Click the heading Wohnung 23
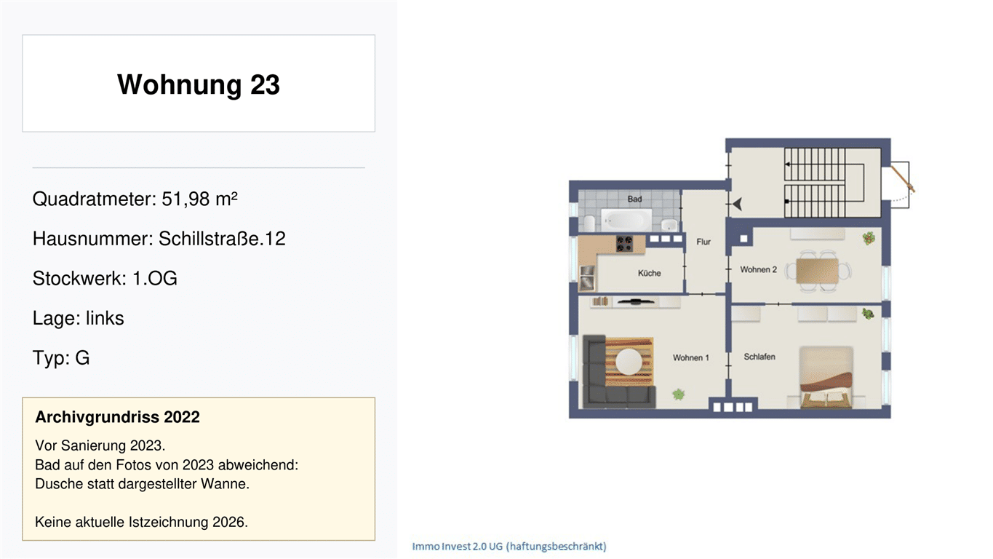pos(199,84)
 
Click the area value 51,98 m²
pos(199,199)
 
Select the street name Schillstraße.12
pos(222,239)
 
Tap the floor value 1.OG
pos(155,278)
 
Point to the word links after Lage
pos(105,318)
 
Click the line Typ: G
pos(61,357)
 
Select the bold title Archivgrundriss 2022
pos(117,417)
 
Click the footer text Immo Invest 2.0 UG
pos(458,546)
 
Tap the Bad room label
pos(634,199)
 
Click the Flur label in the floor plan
pos(703,242)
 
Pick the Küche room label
pos(650,273)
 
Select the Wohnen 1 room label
pos(690,357)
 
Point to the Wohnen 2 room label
pos(759,269)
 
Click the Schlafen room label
pos(759,357)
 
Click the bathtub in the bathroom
pos(626,220)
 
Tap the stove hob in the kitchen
pos(624,244)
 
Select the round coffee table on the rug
pos(629,362)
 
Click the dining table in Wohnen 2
pos(817,271)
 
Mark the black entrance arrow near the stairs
pos(737,204)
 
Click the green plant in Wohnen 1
pos(678,394)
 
